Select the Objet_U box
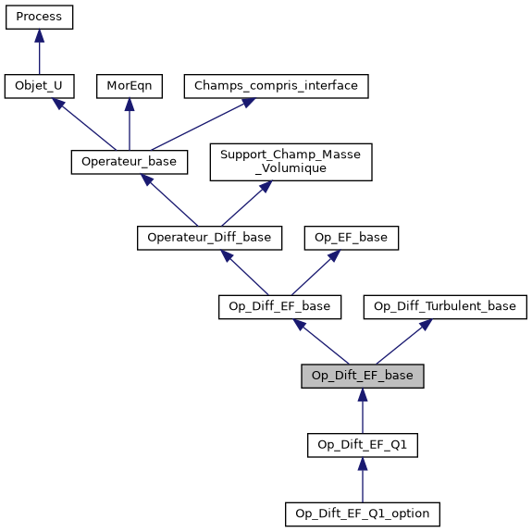(39, 86)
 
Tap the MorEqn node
(129, 86)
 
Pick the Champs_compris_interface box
(277, 86)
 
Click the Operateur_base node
(130, 161)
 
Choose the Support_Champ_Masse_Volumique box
(291, 161)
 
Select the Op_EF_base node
(352, 238)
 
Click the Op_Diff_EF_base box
(280, 306)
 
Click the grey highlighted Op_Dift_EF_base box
(363, 376)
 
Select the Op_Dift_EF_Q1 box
(363, 445)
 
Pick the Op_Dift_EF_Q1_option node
(363, 513)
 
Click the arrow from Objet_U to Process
(39, 52)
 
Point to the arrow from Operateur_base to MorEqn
(129, 124)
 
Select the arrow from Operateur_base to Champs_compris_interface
(198, 125)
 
